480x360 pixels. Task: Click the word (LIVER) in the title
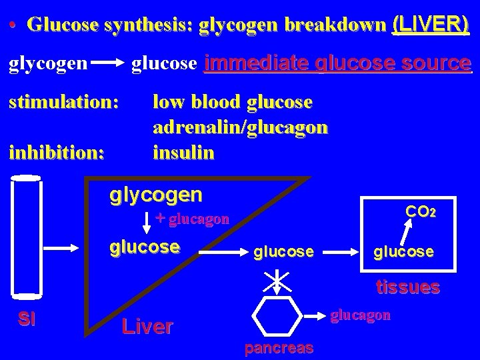[x=431, y=25]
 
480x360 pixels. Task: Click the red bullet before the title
[x=13, y=27]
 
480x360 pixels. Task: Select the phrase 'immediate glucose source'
[x=338, y=64]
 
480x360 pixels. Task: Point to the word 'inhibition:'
[x=57, y=153]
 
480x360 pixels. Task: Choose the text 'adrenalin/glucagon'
[x=240, y=128]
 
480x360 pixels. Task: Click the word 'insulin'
[x=183, y=153]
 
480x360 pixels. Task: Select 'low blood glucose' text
[x=232, y=103]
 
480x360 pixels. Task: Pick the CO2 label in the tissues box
[x=421, y=213]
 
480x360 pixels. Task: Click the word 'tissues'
[x=407, y=287]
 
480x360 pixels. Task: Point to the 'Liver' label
[x=147, y=326]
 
